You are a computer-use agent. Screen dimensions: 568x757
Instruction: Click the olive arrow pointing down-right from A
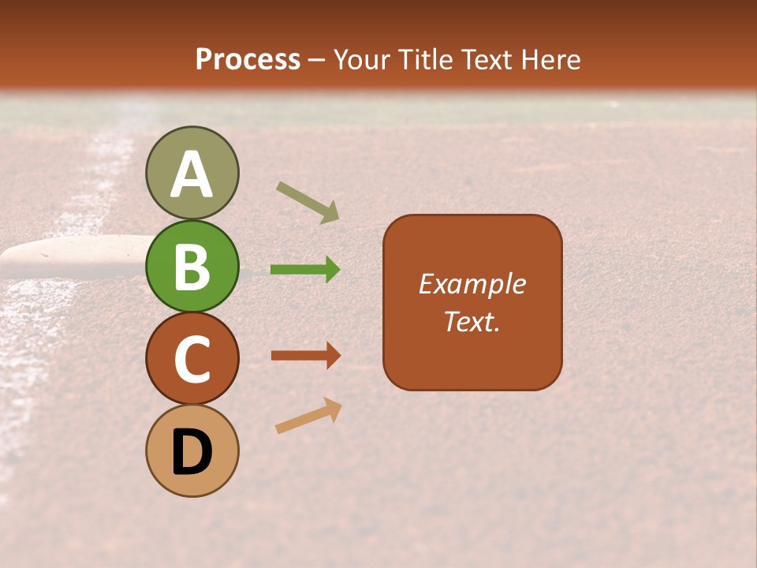[308, 202]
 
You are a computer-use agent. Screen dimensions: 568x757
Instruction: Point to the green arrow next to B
[305, 270]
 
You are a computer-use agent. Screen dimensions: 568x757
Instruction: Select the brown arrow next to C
[305, 356]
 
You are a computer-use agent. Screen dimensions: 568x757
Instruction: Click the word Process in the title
[248, 59]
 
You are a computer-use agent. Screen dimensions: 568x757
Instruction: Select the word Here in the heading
[551, 59]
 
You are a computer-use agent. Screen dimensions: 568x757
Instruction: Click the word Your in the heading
[361, 59]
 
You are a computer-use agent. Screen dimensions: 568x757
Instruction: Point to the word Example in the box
[472, 284]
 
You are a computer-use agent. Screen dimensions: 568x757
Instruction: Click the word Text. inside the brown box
[472, 321]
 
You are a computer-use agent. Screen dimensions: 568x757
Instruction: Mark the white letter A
[192, 175]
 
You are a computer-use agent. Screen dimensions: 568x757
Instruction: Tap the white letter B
[192, 267]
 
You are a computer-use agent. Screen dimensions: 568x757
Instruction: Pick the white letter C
[192, 359]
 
